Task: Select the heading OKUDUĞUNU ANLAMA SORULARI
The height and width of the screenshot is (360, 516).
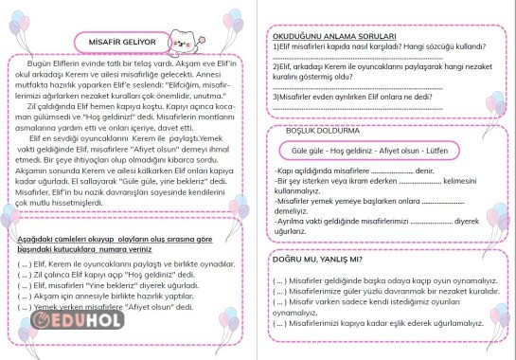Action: (330, 35)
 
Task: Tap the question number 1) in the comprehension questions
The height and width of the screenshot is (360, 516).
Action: (275, 45)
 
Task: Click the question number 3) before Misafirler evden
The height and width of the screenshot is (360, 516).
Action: (275, 95)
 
